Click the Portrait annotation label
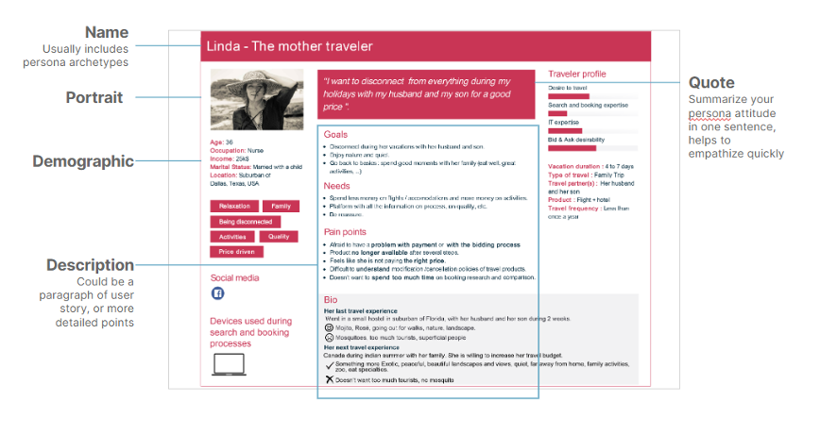(x=94, y=97)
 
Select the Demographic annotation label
(x=83, y=161)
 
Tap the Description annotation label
(x=92, y=265)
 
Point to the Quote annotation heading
(x=711, y=82)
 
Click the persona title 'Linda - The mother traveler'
(x=290, y=46)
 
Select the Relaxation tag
(x=234, y=207)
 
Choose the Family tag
(x=281, y=207)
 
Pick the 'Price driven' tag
(x=237, y=252)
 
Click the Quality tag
(x=279, y=237)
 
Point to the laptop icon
(x=229, y=364)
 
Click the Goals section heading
(x=335, y=135)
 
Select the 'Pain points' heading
(x=346, y=231)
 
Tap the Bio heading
(x=330, y=300)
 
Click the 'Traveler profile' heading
(x=576, y=74)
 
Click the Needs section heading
(x=337, y=186)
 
